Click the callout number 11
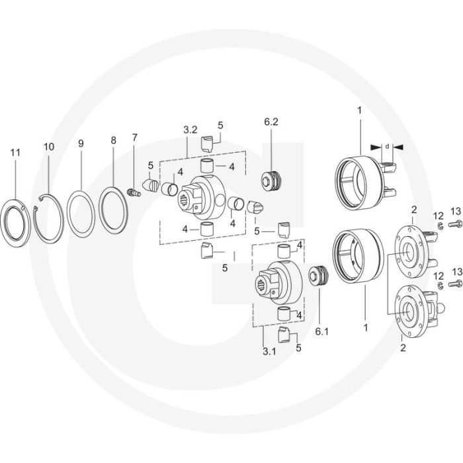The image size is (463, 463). pyautogui.click(x=15, y=153)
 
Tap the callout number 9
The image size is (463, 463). pyautogui.click(x=81, y=144)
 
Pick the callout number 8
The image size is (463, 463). pyautogui.click(x=114, y=140)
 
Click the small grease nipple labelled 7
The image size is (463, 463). pyautogui.click(x=134, y=192)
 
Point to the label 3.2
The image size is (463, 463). pyautogui.click(x=190, y=130)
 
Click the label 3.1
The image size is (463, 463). pyautogui.click(x=269, y=351)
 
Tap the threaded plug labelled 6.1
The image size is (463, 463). pyautogui.click(x=318, y=276)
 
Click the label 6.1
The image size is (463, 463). pyautogui.click(x=322, y=331)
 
